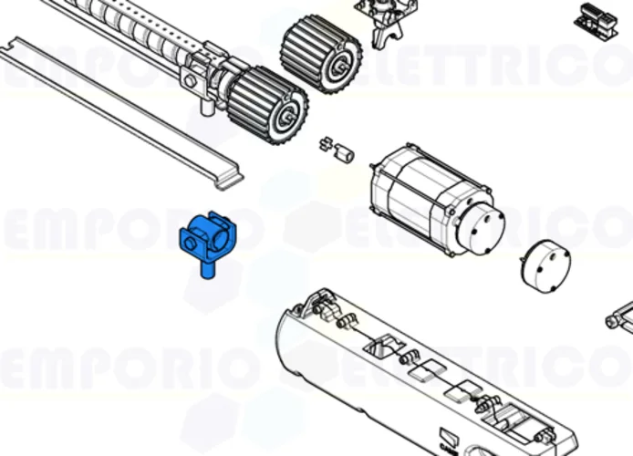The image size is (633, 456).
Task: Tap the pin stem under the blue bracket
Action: (x=207, y=270)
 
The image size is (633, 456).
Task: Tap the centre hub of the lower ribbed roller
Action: (x=289, y=114)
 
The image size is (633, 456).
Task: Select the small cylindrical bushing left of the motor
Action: (x=345, y=153)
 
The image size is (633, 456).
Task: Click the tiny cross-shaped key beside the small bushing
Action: (x=325, y=143)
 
